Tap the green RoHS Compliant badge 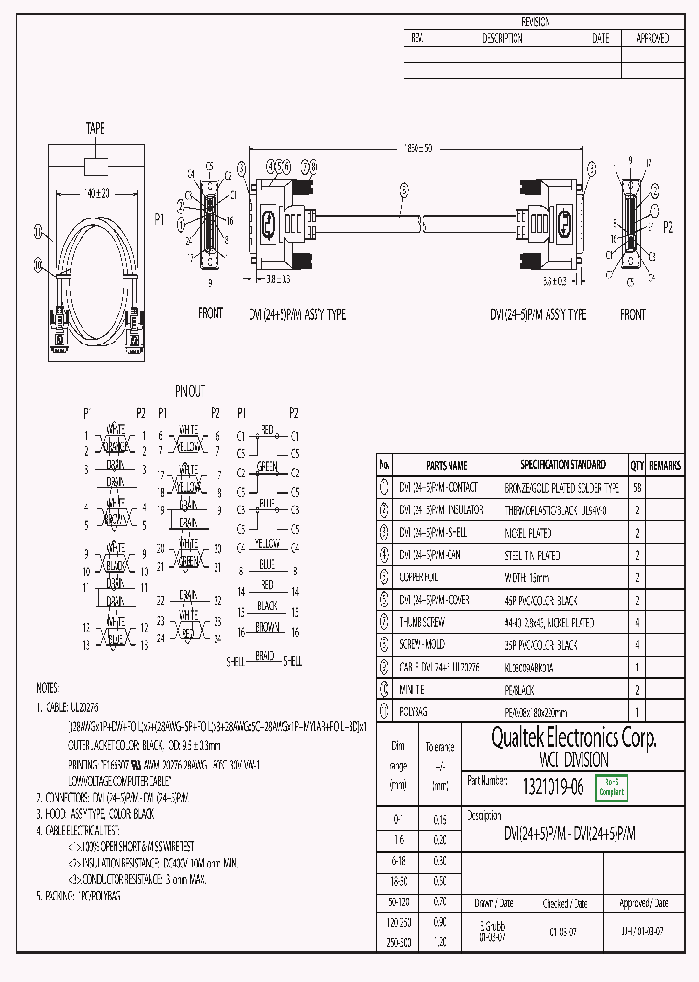click(612, 787)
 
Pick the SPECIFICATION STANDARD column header click(562, 465)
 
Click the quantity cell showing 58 click(637, 488)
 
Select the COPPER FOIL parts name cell click(419, 577)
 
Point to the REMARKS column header click(665, 465)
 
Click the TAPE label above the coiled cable click(95, 128)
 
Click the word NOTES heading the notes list click(47, 686)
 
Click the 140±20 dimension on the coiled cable click(96, 193)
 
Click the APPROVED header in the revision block click(651, 39)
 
